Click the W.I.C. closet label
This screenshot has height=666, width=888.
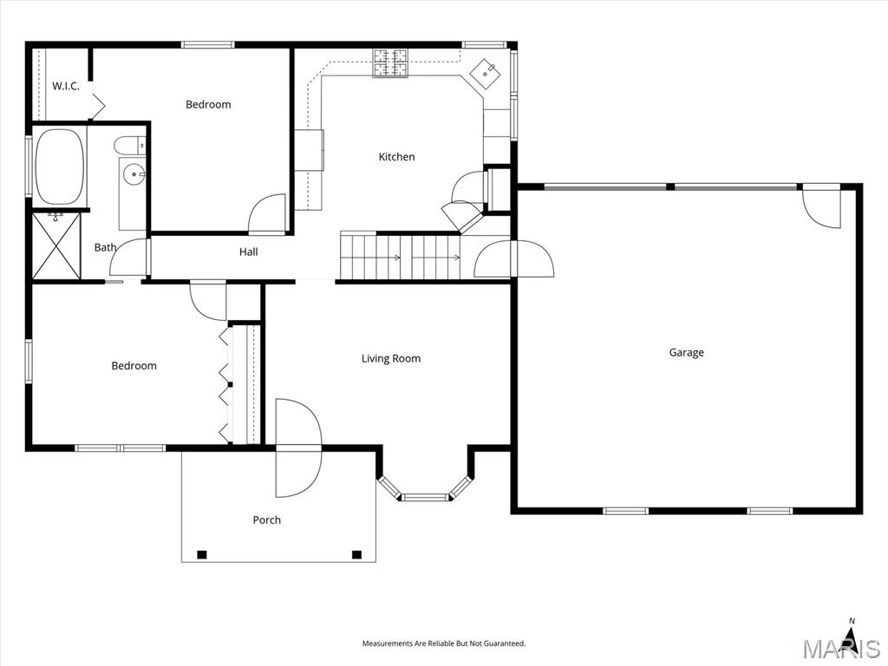pos(66,86)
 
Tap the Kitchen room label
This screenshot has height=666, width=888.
pos(396,157)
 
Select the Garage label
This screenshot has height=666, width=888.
pos(686,352)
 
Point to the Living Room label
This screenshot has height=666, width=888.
pos(391,358)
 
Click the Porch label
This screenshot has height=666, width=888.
pos(267,520)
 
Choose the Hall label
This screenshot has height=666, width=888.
pos(249,252)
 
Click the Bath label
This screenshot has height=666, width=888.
pos(105,247)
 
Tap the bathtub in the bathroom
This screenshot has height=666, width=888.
pos(60,166)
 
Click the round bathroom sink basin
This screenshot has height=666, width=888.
pos(134,174)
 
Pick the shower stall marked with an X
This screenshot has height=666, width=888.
pos(56,246)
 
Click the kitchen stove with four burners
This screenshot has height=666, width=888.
pos(391,62)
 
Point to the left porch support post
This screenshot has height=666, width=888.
pos(202,555)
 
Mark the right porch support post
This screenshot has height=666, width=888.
pos(356,555)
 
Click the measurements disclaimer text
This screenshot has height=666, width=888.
pos(443,643)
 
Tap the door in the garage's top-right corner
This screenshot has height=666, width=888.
pos(823,206)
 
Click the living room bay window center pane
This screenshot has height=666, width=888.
pos(425,497)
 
